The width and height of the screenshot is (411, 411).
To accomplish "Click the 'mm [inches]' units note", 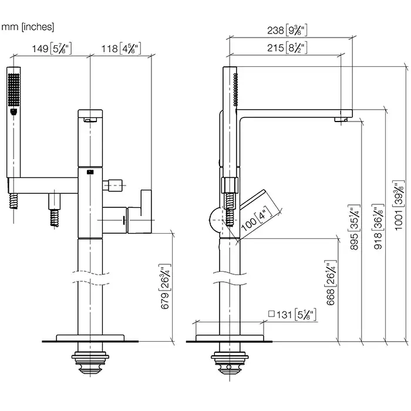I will [x=28, y=26].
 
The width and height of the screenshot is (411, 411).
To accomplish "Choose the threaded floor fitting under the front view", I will [x=90, y=361].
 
